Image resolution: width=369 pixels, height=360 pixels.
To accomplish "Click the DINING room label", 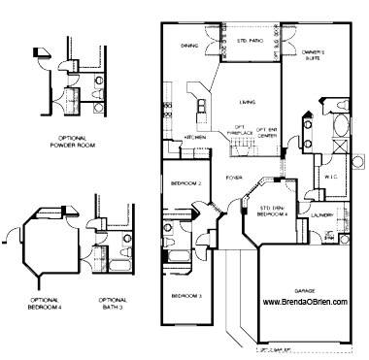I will tap(190, 44).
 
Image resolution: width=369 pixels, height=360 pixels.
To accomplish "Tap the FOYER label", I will tap(233, 178).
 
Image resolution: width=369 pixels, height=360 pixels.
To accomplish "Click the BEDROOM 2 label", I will tap(185, 182).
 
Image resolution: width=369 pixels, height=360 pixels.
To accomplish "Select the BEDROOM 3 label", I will tap(185, 294).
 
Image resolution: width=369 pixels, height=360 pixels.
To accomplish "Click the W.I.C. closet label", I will tap(328, 176).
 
